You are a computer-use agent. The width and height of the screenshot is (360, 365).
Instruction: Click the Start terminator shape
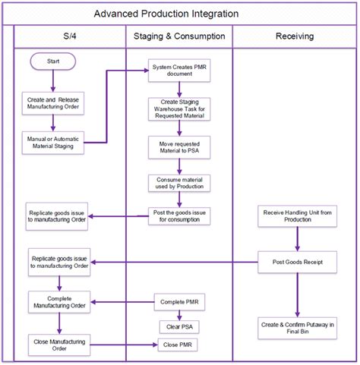pos(52,61)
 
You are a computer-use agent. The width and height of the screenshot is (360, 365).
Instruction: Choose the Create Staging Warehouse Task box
pos(179,110)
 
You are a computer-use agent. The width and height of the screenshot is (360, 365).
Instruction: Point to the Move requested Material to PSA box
pos(179,146)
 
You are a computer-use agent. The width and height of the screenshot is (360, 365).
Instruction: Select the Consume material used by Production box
pos(179,183)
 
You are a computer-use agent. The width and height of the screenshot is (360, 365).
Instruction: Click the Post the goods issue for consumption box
pos(179,216)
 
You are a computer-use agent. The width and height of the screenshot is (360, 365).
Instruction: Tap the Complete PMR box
pos(179,303)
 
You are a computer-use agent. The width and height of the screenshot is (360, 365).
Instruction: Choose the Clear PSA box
pos(179,326)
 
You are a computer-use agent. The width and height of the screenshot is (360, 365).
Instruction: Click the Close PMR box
pos(179,345)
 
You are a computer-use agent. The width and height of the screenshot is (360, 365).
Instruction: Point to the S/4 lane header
pos(69,36)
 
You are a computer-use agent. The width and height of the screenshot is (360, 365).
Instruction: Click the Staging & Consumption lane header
pos(179,36)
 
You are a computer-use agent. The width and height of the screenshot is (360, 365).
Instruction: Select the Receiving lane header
pos(295,36)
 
